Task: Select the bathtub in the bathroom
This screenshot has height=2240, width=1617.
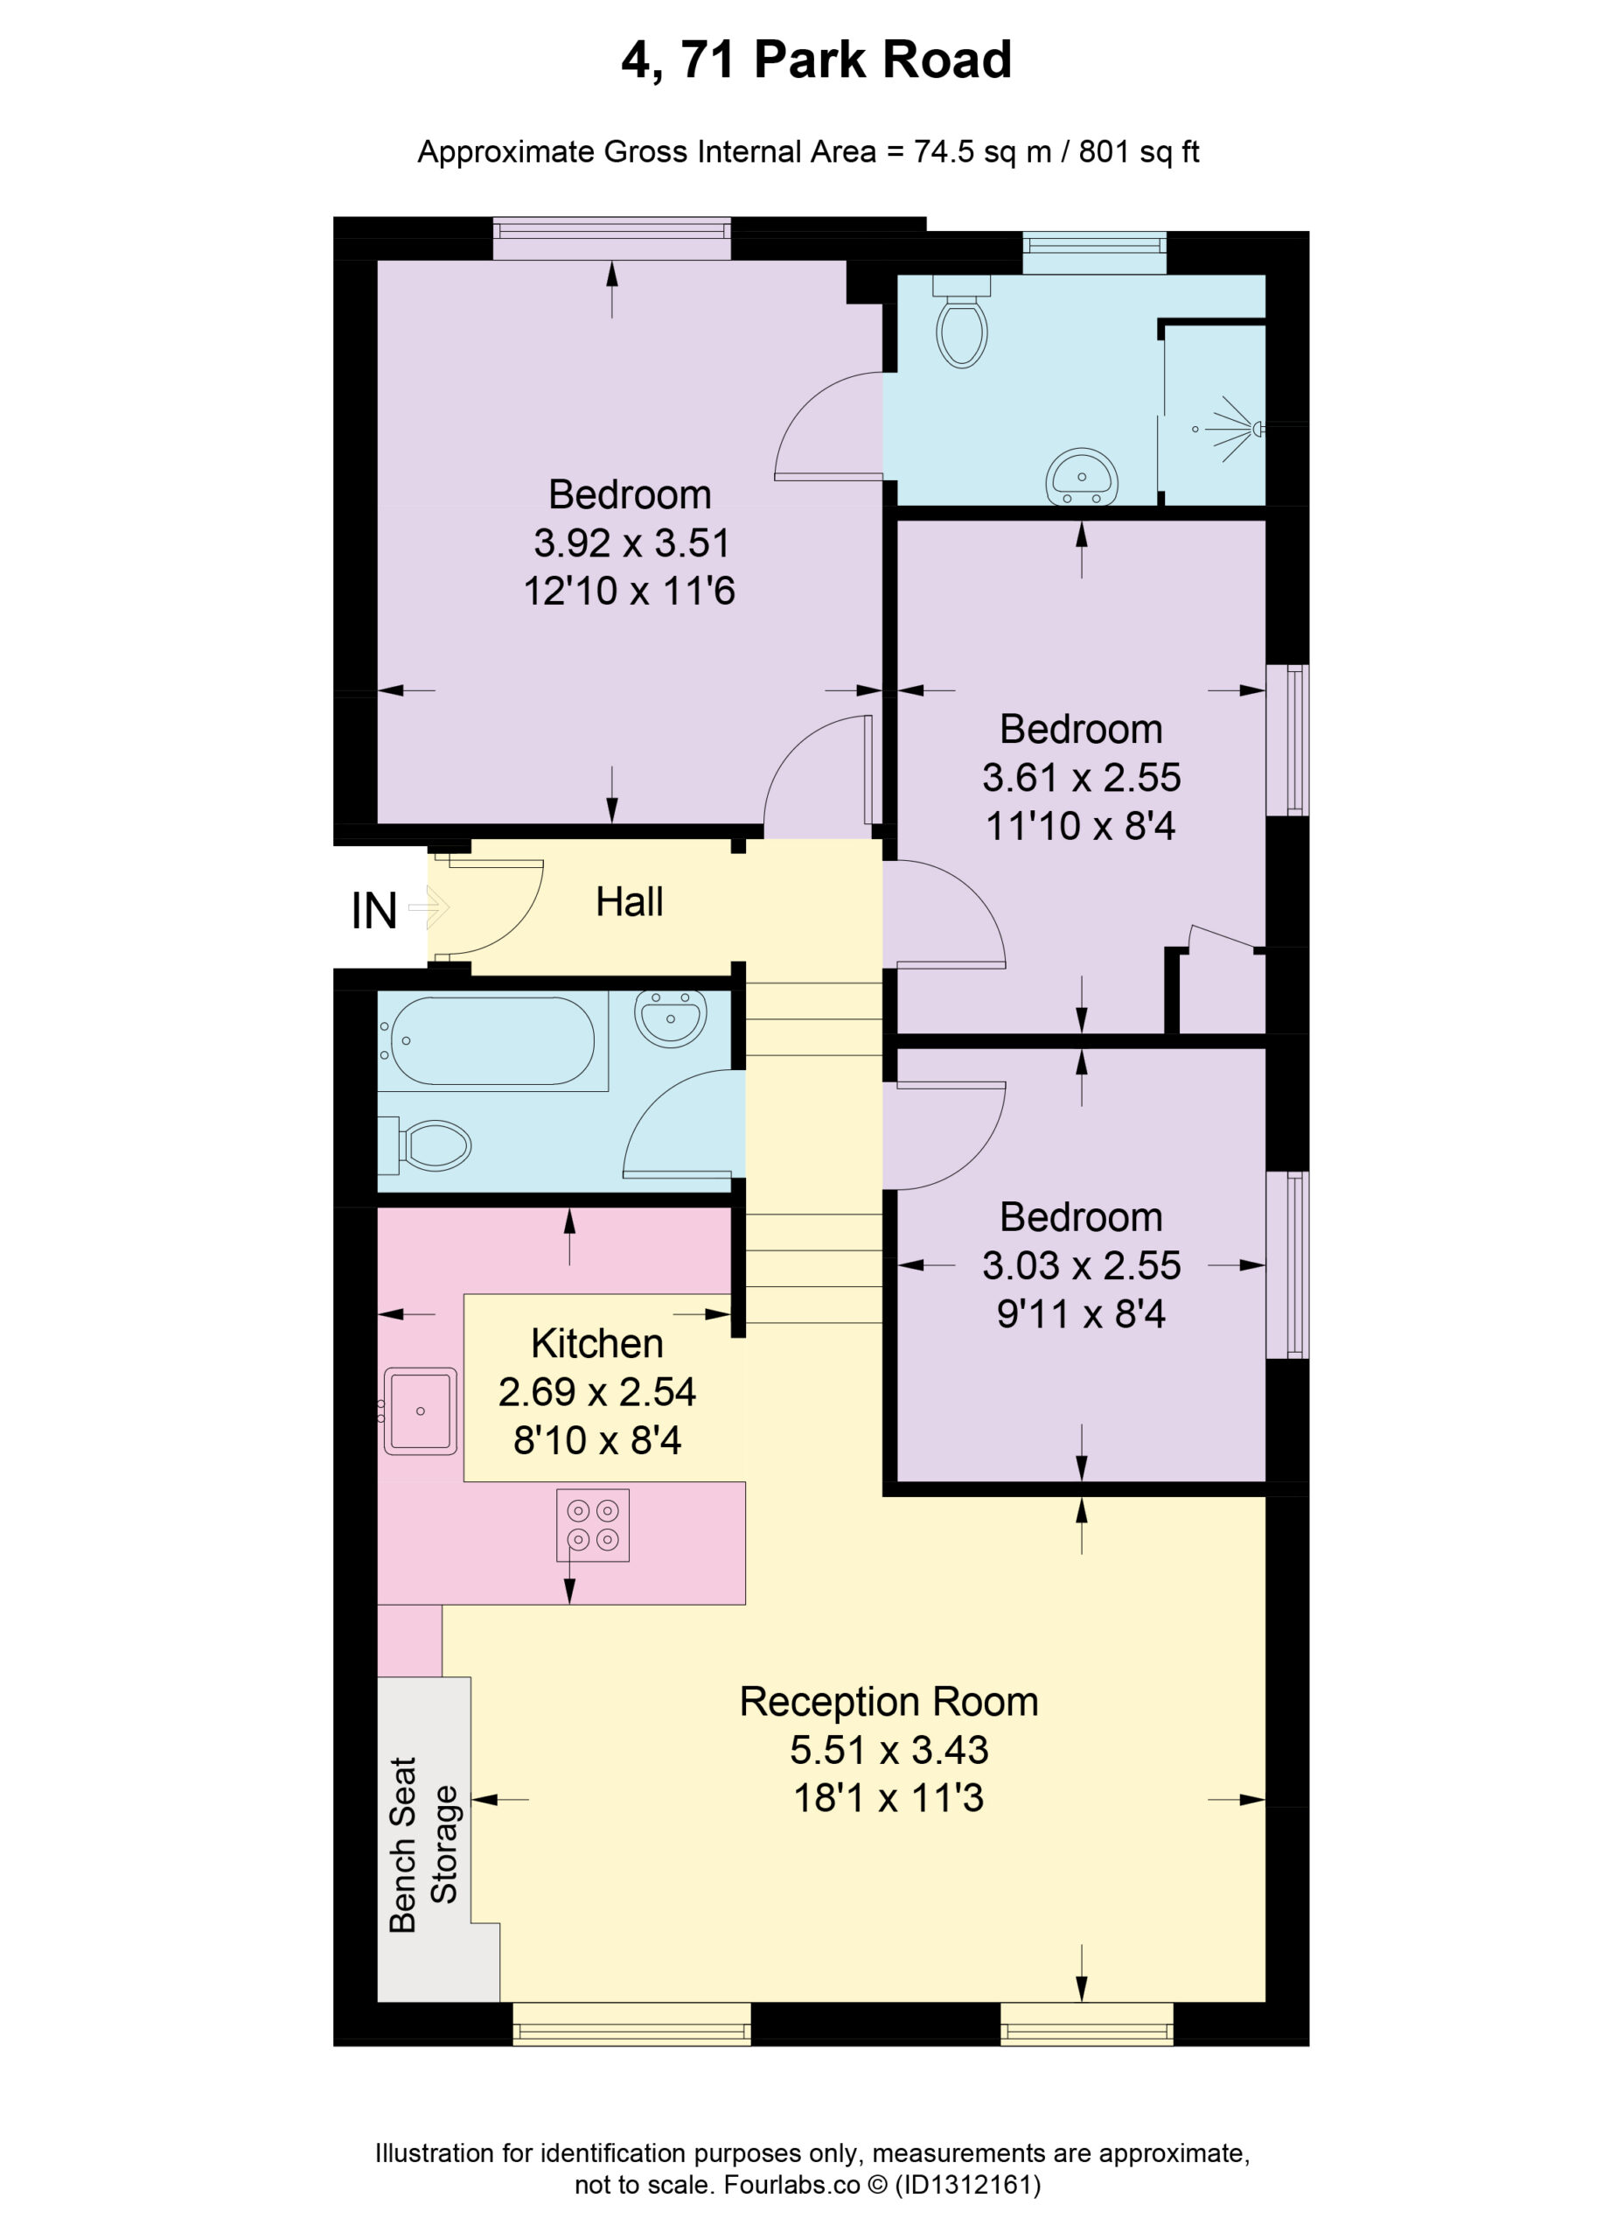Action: click(491, 1041)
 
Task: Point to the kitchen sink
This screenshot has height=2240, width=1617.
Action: click(420, 1410)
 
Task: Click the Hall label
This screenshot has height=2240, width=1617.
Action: click(629, 902)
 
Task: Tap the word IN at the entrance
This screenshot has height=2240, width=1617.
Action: click(374, 911)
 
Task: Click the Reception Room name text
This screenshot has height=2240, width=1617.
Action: click(889, 1702)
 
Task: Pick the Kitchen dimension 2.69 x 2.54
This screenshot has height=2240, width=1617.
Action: click(597, 1391)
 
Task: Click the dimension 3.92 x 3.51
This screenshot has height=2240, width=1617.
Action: click(631, 542)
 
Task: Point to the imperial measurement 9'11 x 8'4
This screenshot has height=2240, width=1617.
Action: click(1081, 1313)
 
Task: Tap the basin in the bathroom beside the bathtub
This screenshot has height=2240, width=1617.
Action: click(670, 1018)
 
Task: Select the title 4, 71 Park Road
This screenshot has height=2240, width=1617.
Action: click(817, 59)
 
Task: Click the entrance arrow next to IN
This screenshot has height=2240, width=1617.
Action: click(429, 906)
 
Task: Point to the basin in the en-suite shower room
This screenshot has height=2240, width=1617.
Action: click(1081, 477)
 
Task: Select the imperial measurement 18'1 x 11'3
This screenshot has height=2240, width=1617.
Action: click(889, 1797)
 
